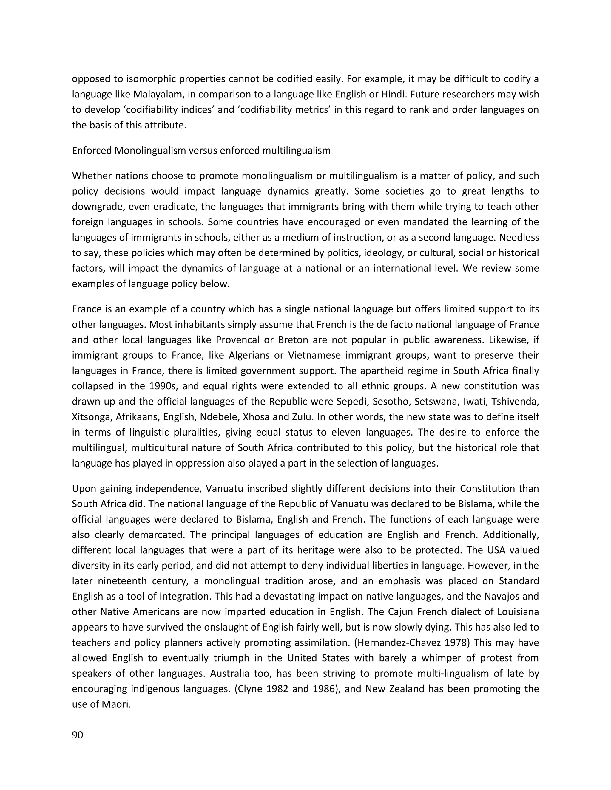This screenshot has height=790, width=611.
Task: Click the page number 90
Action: tap(78, 735)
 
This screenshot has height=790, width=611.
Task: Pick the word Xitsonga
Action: tap(92, 417)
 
